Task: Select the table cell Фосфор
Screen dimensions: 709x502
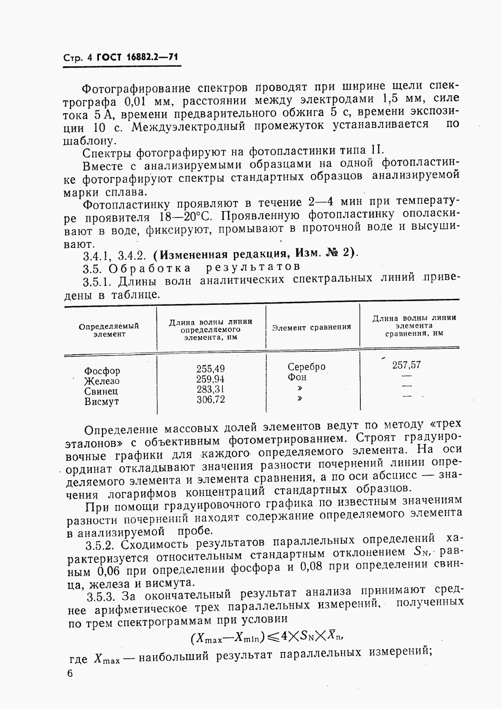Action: click(102, 371)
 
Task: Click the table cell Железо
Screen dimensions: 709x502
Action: click(102, 381)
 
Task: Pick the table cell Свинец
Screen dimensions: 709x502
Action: click(101, 391)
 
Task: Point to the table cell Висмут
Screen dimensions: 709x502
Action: click(101, 402)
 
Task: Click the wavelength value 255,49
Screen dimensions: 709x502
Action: click(211, 369)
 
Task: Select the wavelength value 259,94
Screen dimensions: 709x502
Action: click(211, 379)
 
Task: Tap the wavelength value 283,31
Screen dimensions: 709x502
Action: click(211, 389)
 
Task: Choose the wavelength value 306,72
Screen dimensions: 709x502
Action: click(211, 399)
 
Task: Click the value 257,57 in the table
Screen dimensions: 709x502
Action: click(406, 365)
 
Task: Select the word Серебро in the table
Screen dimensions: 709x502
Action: click(307, 367)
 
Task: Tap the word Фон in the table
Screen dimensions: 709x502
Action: click(297, 377)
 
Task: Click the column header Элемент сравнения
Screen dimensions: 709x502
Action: click(311, 327)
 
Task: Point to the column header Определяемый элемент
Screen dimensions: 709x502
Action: click(109, 330)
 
